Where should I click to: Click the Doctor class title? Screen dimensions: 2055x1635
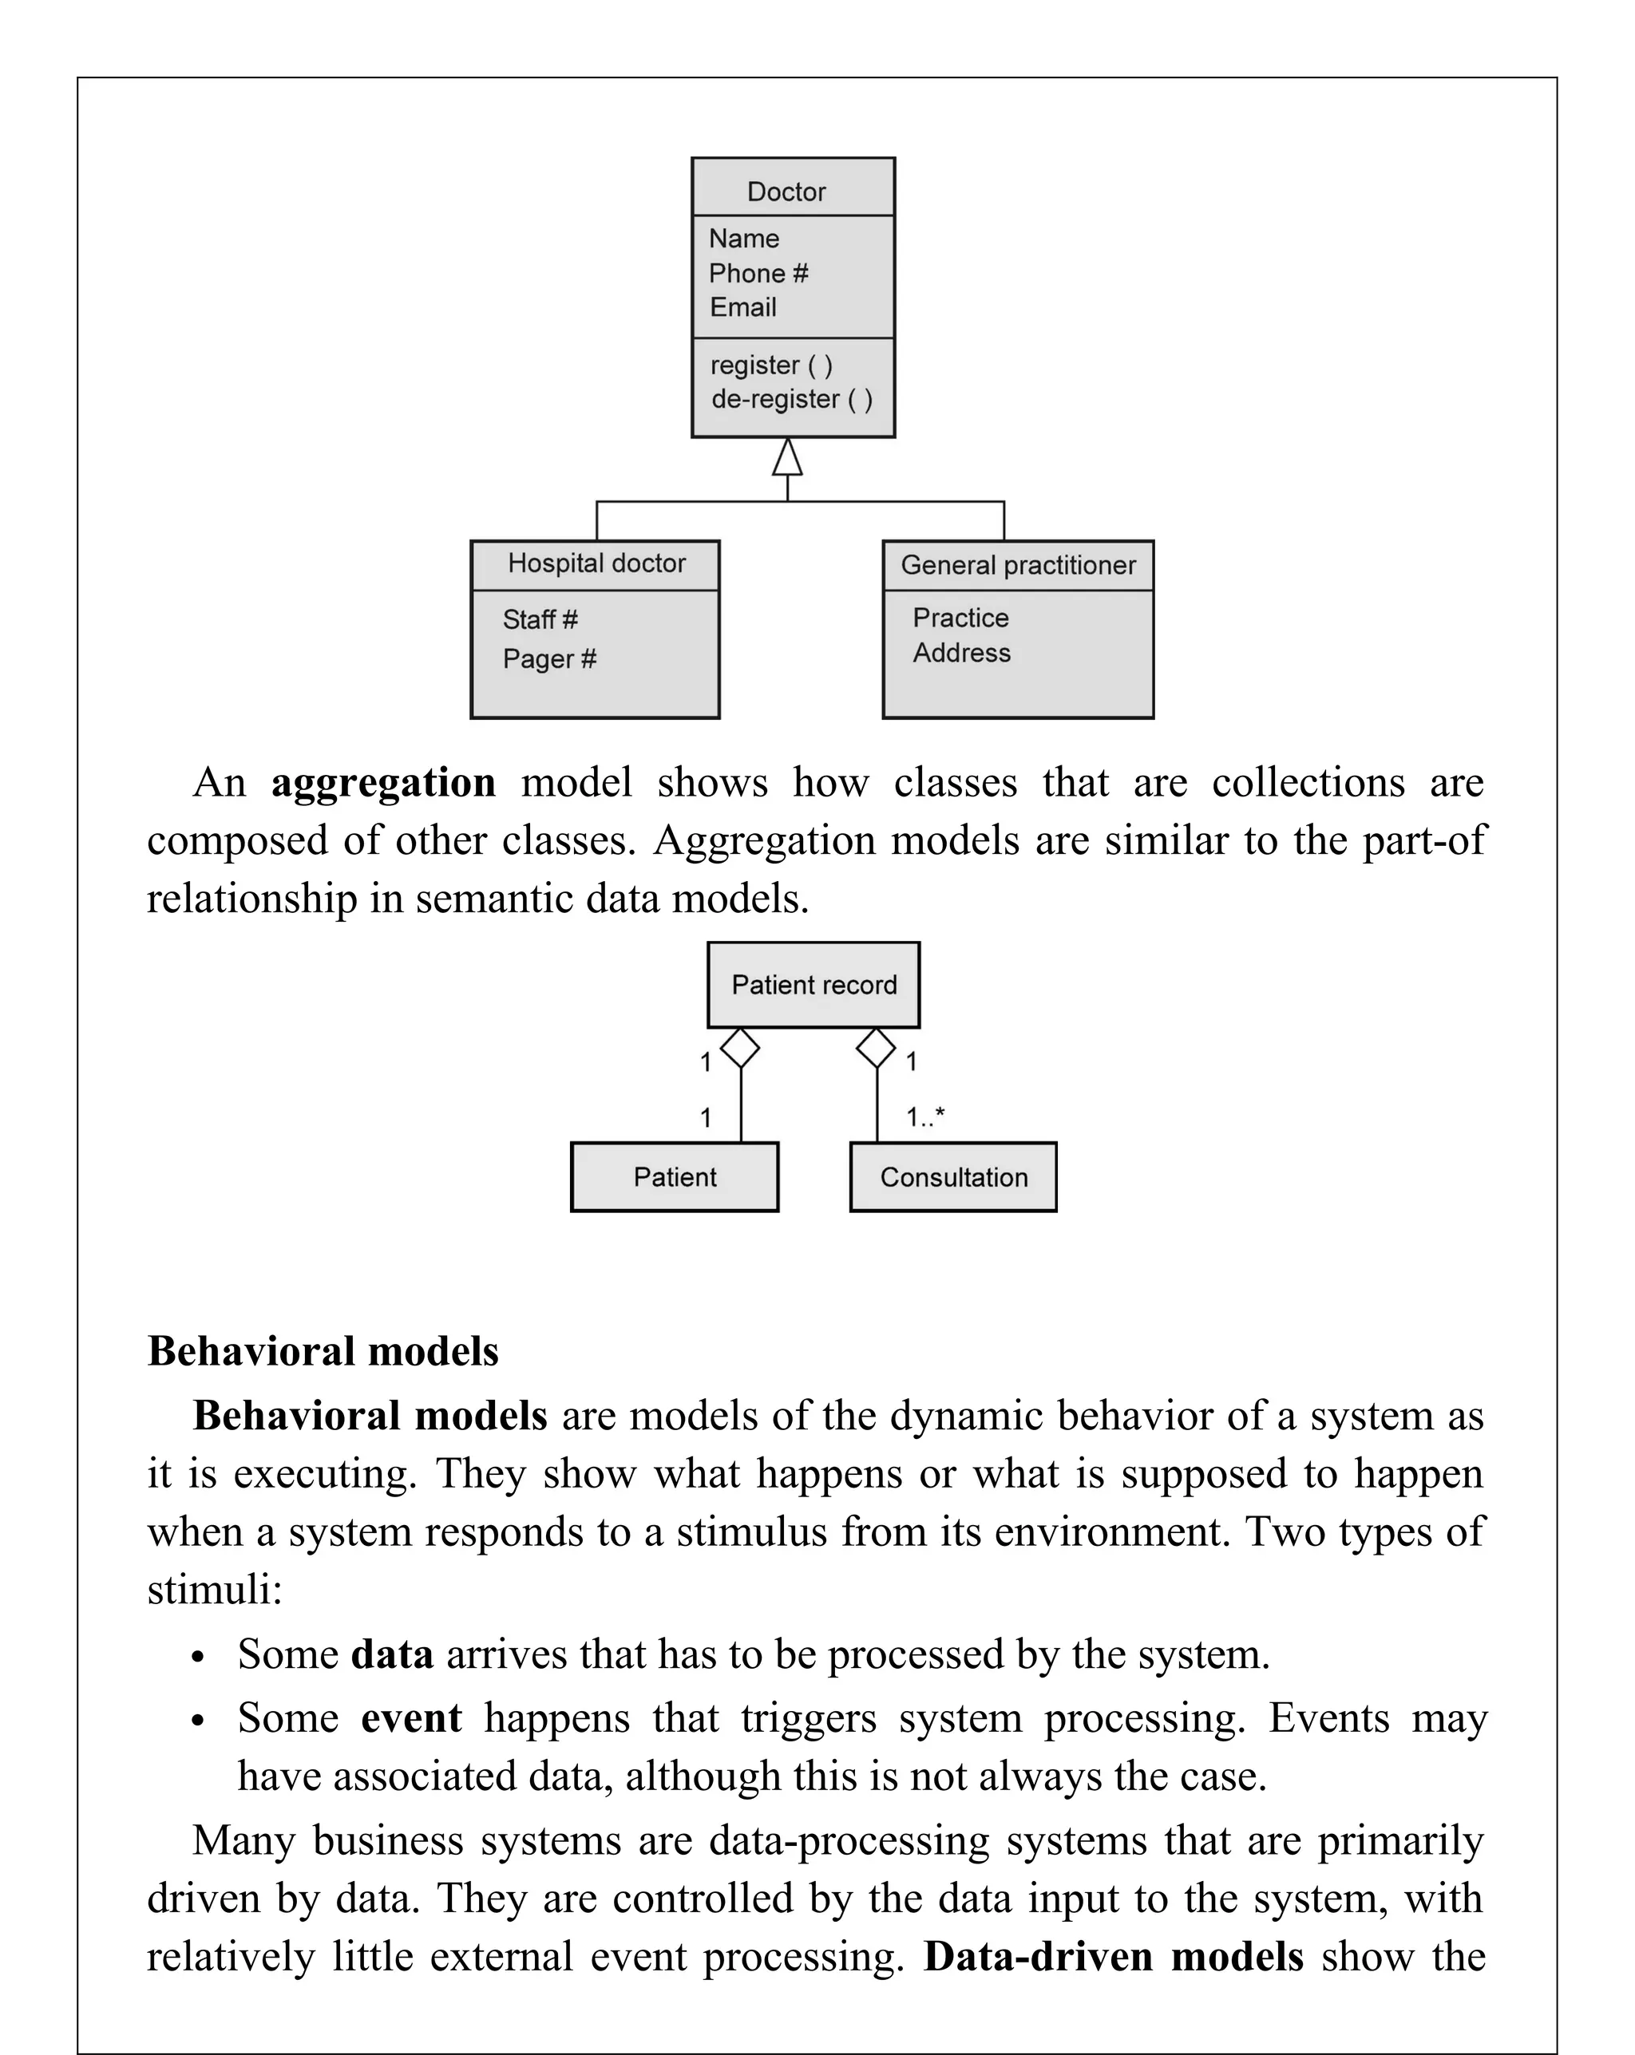pyautogui.click(x=786, y=192)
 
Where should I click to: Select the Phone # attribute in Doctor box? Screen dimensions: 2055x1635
pyautogui.click(x=757, y=274)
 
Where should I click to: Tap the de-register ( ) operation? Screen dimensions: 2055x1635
pyautogui.click(x=791, y=399)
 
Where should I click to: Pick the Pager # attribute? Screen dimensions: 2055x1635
pyautogui.click(x=549, y=658)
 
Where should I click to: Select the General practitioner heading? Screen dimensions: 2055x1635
pyautogui.click(x=1017, y=565)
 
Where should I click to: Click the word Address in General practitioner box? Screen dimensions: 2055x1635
pyautogui.click(x=961, y=653)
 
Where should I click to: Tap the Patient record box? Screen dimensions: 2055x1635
pyautogui.click(x=814, y=985)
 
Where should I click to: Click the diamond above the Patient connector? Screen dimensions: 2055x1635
pyautogui.click(x=740, y=1049)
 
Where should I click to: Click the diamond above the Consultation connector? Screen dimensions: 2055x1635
pyautogui.click(x=876, y=1049)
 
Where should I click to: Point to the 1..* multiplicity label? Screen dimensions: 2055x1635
pyautogui.click(x=924, y=1116)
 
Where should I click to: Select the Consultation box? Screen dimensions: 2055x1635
pyautogui.click(x=952, y=1177)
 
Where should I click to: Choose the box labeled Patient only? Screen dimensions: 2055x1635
pyautogui.click(x=674, y=1177)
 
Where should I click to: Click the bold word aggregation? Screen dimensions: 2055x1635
pyautogui.click(x=383, y=784)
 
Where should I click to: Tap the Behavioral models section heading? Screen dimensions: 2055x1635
pyautogui.click(x=323, y=1350)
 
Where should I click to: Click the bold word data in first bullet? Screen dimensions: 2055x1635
pyautogui.click(x=392, y=1654)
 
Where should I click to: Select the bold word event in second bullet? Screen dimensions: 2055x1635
pyautogui.click(x=411, y=1717)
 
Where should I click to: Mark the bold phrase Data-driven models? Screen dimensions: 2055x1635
pyautogui.click(x=1113, y=1956)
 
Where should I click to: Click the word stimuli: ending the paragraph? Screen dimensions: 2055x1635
pyautogui.click(x=215, y=1590)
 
